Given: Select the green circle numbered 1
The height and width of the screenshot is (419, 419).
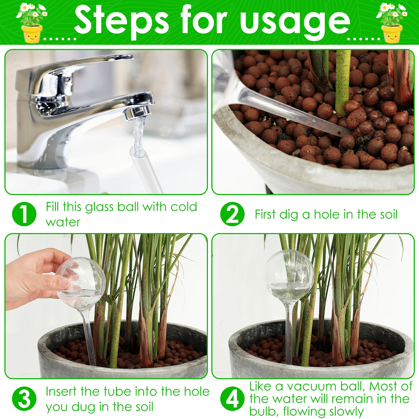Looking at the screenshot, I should [24, 214].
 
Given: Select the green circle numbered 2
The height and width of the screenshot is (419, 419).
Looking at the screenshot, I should [232, 214].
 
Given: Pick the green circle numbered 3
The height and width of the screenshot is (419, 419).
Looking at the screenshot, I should [24, 399].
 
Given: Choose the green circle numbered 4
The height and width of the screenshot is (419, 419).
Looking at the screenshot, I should [232, 399].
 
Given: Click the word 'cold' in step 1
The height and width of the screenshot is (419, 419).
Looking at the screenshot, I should [184, 207].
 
